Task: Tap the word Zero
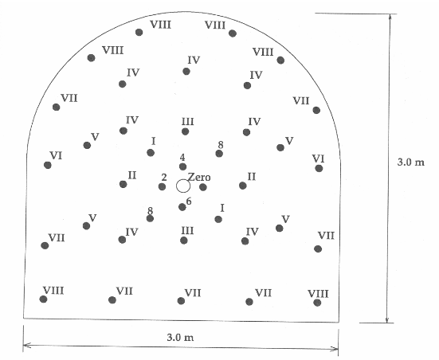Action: coord(199,177)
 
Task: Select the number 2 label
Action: coord(164,177)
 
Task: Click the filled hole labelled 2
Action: coord(162,186)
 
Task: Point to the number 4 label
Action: coord(182,158)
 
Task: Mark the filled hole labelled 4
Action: coord(182,166)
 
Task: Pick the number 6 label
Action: coord(189,201)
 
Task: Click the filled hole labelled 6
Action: coord(182,207)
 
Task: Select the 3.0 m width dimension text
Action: coord(180,338)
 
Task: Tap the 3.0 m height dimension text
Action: coord(411,162)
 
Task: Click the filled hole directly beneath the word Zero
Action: coord(203,187)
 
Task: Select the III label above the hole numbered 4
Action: coord(187,122)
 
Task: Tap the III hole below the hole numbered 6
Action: coord(184,241)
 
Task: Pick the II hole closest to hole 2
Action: coord(123,184)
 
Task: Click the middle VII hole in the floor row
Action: coord(181,301)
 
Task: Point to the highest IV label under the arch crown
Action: coord(194,60)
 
